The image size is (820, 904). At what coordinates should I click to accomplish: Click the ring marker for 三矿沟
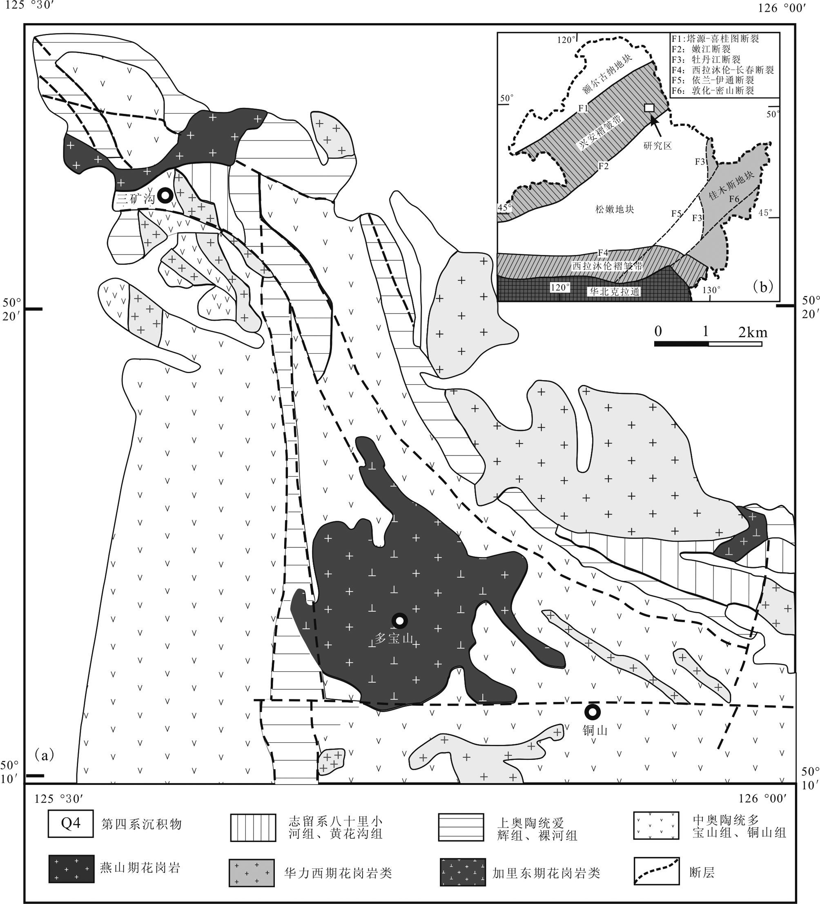165,196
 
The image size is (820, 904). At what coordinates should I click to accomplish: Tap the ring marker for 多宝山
400,621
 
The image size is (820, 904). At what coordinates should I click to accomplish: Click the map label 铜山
595,730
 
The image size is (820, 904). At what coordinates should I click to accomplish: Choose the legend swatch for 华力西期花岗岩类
252,873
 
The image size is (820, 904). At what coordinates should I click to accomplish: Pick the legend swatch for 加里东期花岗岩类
463,873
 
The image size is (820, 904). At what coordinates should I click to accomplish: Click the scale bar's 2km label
753,332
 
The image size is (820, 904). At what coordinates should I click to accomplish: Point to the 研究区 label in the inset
657,146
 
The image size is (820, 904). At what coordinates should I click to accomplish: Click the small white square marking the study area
648,108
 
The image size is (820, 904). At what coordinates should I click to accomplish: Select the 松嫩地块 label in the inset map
615,209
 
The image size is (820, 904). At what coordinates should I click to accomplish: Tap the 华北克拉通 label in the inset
614,292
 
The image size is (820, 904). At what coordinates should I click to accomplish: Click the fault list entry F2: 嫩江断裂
701,49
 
